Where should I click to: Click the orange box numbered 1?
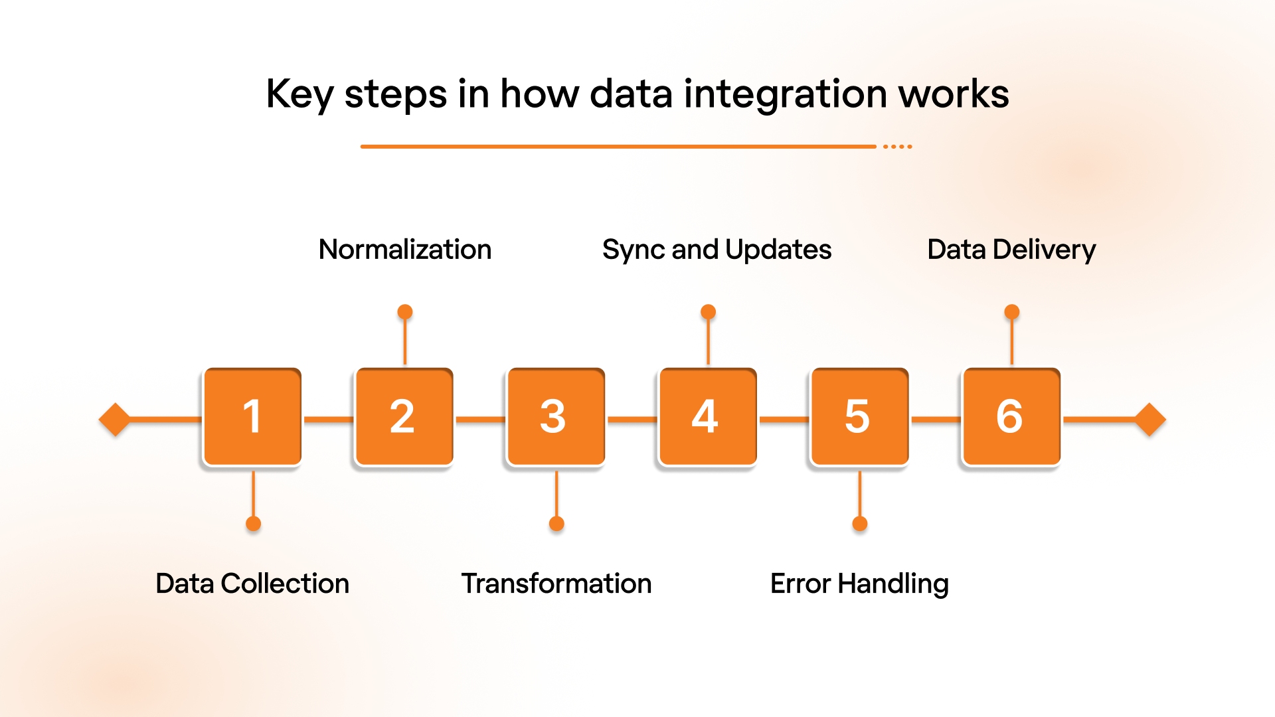click(x=252, y=417)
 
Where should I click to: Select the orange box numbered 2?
click(x=404, y=417)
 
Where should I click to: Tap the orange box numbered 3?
click(x=556, y=417)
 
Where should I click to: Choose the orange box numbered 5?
click(x=859, y=417)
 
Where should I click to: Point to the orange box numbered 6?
click(x=1011, y=417)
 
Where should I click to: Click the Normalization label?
click(x=405, y=250)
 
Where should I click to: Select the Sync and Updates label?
click(x=717, y=250)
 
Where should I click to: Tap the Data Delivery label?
click(x=1011, y=250)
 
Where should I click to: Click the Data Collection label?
click(x=252, y=584)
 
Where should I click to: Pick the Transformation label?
click(x=556, y=584)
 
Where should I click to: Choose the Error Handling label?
click(x=859, y=584)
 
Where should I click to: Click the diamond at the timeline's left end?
click(x=115, y=420)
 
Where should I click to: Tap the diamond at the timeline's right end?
click(x=1150, y=420)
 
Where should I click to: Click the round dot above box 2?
click(x=405, y=312)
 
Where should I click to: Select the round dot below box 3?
click(x=556, y=524)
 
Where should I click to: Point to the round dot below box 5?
click(x=860, y=524)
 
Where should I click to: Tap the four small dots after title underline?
click(x=898, y=146)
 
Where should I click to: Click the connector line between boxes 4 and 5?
click(x=784, y=420)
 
